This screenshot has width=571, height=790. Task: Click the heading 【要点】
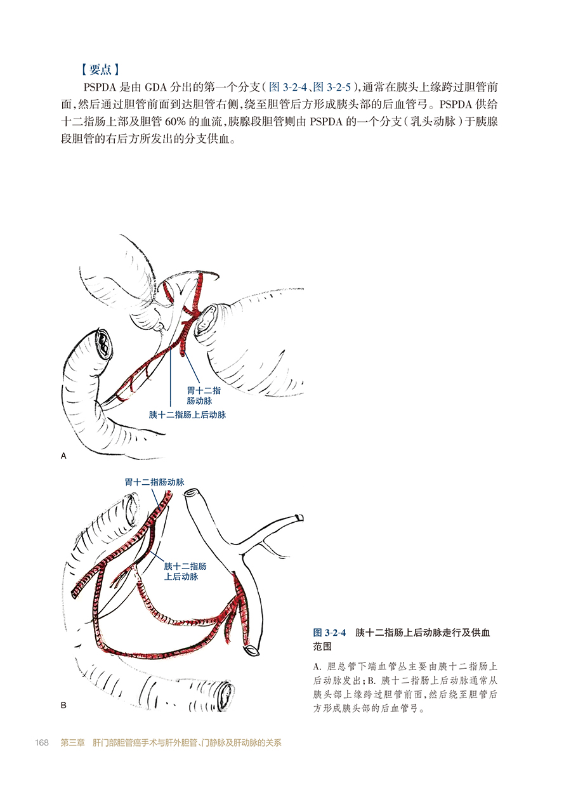pyautogui.click(x=100, y=69)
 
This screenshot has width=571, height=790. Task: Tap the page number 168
pyautogui.click(x=42, y=743)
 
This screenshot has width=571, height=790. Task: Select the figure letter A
pyautogui.click(x=63, y=456)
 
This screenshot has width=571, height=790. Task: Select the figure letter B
pyautogui.click(x=63, y=706)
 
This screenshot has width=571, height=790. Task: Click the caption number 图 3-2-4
pyautogui.click(x=329, y=633)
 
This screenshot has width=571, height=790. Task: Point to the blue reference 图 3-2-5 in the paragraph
pyautogui.click(x=332, y=87)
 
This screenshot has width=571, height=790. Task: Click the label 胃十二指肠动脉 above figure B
pyautogui.click(x=154, y=482)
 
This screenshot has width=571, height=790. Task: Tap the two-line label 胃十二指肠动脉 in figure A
pyautogui.click(x=204, y=395)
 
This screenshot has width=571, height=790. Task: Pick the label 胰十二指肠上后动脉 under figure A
pyautogui.click(x=187, y=415)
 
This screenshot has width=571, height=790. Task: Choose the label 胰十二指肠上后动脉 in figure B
pyautogui.click(x=185, y=571)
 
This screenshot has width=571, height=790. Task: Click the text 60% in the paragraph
pyautogui.click(x=175, y=122)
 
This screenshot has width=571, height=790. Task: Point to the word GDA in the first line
pyautogui.click(x=156, y=87)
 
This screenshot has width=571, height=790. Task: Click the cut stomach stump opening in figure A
pyautogui.click(x=206, y=320)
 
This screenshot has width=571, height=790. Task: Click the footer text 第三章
pyautogui.click(x=73, y=743)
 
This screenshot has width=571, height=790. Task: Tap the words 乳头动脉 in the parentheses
pyautogui.click(x=433, y=122)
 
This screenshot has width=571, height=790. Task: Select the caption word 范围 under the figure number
pyautogui.click(x=322, y=647)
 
